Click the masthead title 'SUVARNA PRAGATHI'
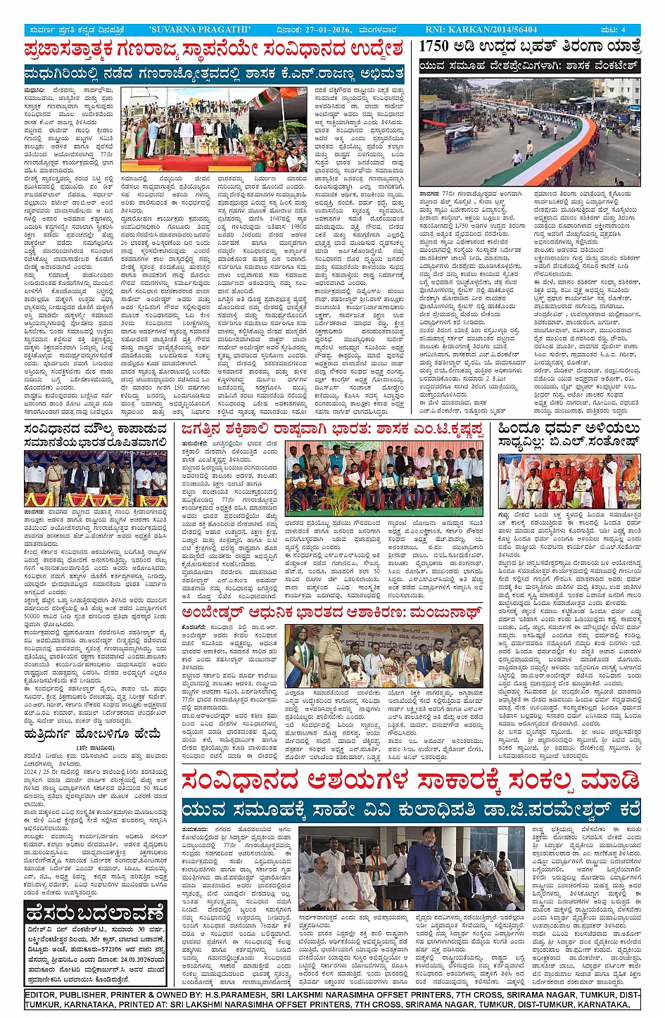tap(200, 30)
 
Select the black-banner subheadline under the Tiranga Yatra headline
tap(529, 66)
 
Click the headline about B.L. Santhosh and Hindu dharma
tap(569, 435)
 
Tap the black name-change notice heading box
tap(95, 914)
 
